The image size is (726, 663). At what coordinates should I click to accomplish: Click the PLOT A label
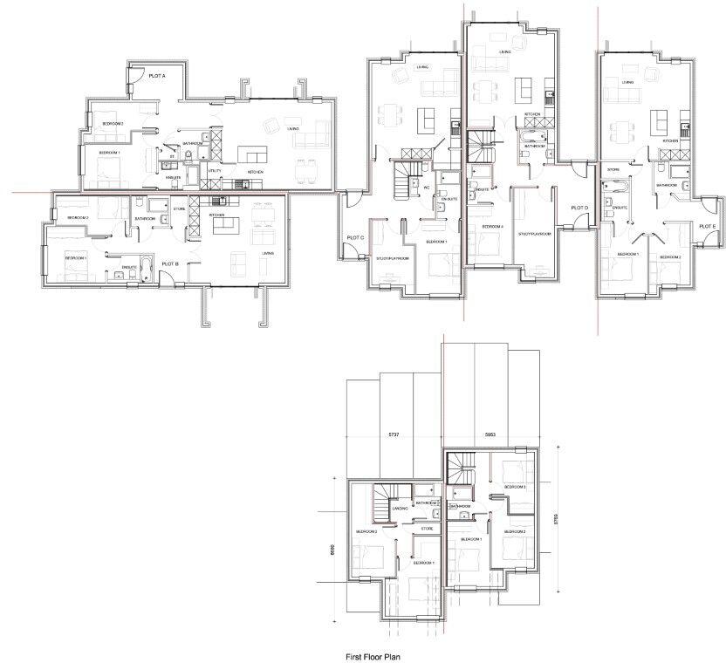[x=157, y=76]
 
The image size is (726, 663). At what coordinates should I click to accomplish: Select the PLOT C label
[x=354, y=237]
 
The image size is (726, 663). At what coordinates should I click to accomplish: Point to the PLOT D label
[x=579, y=208]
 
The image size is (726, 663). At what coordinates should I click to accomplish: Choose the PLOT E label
[x=708, y=226]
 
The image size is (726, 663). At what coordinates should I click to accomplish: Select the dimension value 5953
[x=495, y=434]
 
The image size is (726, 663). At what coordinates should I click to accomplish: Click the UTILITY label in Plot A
[x=215, y=171]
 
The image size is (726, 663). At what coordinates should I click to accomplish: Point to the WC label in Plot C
[x=427, y=188]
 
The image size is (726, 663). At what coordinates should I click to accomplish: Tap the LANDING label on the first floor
[x=401, y=509]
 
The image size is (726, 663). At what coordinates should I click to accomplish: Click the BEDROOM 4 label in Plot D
[x=492, y=227]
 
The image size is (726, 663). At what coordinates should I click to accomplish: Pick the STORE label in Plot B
[x=180, y=209]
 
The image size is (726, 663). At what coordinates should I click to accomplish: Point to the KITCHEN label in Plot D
[x=532, y=115]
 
